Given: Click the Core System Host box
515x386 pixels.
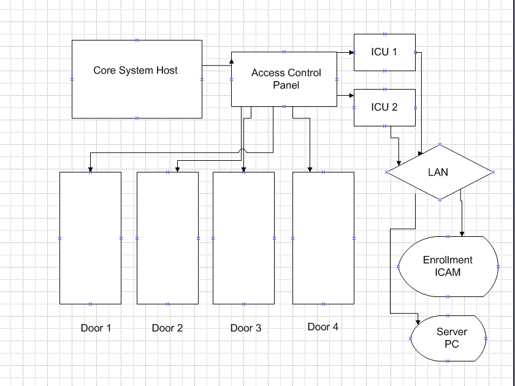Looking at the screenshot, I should (x=136, y=79).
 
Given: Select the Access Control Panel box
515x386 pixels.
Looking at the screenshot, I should (x=284, y=79).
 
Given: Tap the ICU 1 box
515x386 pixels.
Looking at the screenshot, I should (x=384, y=52).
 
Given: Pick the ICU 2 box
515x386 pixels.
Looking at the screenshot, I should (x=384, y=107).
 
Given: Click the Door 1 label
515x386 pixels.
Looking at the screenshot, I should (x=96, y=328).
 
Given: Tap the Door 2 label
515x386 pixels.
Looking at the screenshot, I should (x=167, y=328).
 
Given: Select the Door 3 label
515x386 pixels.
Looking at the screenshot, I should (x=246, y=328).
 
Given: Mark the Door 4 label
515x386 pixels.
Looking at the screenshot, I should (x=323, y=326).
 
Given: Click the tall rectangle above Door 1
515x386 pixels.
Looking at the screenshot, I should (x=90, y=237).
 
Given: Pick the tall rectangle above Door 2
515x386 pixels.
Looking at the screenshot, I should (x=167, y=237).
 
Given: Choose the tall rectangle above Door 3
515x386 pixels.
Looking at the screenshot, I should (x=243, y=237).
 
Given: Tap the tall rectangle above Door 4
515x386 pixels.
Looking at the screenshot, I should (x=323, y=237).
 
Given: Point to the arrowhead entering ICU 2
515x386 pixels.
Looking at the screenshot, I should (x=351, y=95).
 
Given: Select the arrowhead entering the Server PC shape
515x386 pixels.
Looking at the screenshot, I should (x=418, y=320).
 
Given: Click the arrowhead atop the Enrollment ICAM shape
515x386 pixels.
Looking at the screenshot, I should (x=462, y=233).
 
